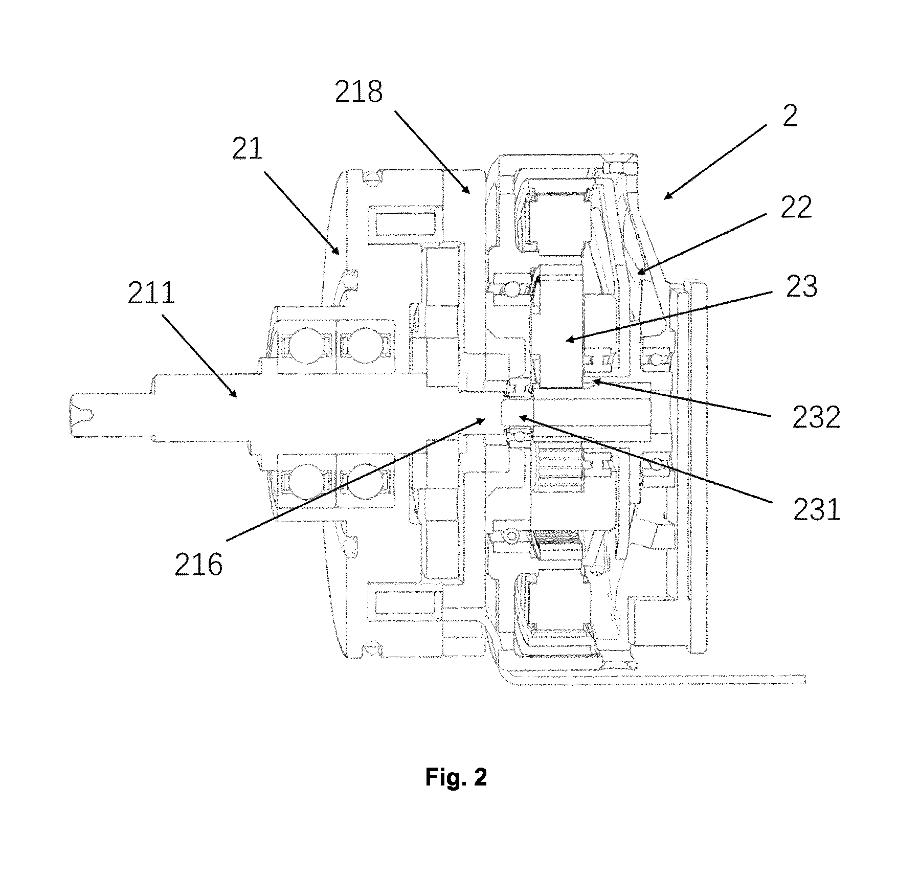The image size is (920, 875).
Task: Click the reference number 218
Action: [358, 93]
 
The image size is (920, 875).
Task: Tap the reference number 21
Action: [248, 149]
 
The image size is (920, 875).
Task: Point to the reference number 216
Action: [199, 565]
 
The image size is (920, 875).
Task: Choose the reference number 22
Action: [796, 208]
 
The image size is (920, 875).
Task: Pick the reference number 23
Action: [801, 286]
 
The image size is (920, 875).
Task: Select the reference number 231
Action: [817, 509]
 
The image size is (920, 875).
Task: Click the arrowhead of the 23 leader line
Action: [567, 340]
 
